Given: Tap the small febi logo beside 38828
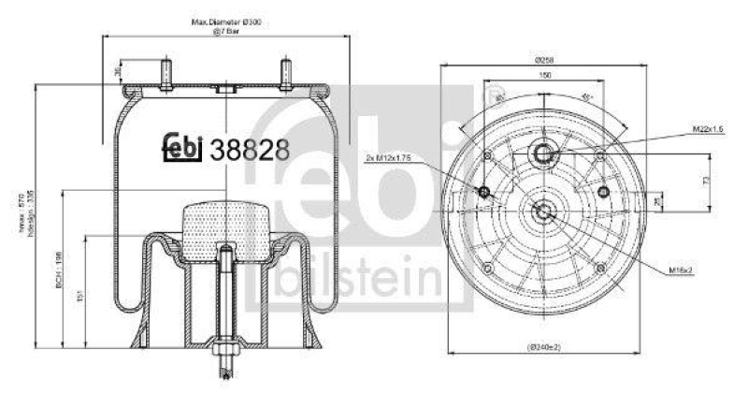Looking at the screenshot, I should click(184, 149).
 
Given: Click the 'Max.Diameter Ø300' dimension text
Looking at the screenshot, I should click(225, 22).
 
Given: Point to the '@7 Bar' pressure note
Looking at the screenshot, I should click(225, 32).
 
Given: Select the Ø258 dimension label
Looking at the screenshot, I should click(542, 59).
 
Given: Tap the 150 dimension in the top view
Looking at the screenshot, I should click(542, 75).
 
